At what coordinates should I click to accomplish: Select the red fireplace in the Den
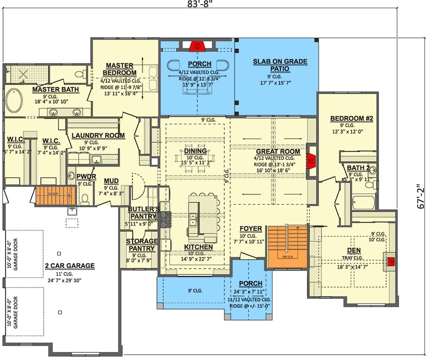pyautogui.click(x=391, y=261)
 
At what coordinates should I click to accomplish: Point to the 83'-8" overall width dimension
pyautogui.click(x=200, y=5)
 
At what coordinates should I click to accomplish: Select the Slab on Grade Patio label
pyautogui.click(x=280, y=65)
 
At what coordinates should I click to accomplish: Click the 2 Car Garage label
pyautogui.click(x=70, y=265)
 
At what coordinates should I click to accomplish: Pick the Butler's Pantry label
pyautogui.click(x=143, y=212)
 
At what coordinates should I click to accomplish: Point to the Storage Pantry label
pyautogui.click(x=142, y=245)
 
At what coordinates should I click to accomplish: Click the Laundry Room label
pyautogui.click(x=98, y=135)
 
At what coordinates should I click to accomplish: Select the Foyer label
pyautogui.click(x=248, y=228)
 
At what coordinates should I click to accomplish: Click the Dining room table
pyautogui.click(x=195, y=158)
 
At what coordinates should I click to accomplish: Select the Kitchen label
pyautogui.click(x=198, y=247)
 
